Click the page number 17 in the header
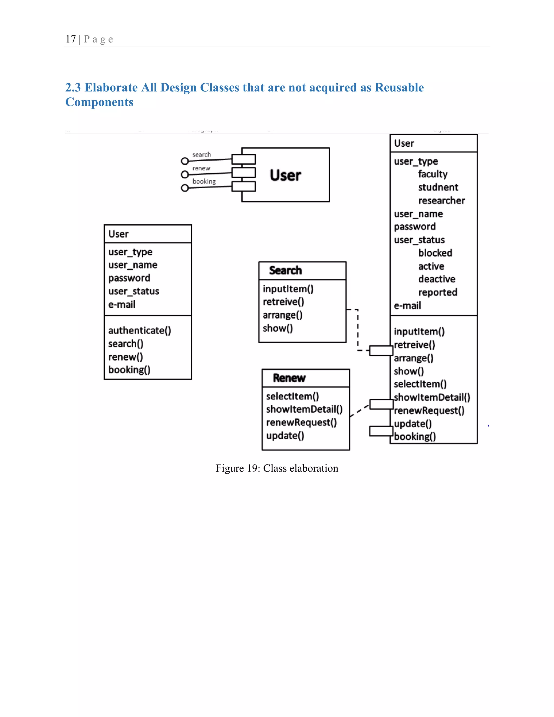pos(71,39)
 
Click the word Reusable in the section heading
pos(399,87)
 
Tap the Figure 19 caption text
pos(276,468)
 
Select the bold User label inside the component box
pos(285,175)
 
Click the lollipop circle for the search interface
pos(185,161)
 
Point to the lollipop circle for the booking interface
pos(185,188)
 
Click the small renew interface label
pos(201,168)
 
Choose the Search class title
pos(285,270)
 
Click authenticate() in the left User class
pos(140,330)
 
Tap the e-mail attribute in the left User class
pos(122,304)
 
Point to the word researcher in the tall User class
pos(441,200)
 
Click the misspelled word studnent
pos(438,187)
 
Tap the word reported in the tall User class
pos(437,292)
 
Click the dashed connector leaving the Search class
pos(358,328)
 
